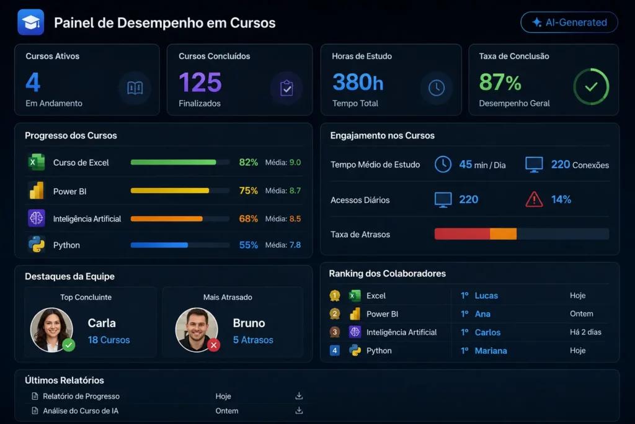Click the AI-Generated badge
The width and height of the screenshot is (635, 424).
pyautogui.click(x=569, y=22)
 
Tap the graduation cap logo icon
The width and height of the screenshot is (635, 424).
pyautogui.click(x=31, y=22)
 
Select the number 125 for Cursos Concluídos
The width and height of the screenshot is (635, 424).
pyautogui.click(x=200, y=83)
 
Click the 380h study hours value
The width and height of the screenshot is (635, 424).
pyautogui.click(x=358, y=82)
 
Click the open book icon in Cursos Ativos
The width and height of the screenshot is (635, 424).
pyautogui.click(x=135, y=88)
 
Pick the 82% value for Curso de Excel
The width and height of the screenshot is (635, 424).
pyautogui.click(x=248, y=162)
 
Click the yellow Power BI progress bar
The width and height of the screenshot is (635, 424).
pyautogui.click(x=170, y=191)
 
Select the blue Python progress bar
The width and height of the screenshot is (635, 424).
pyautogui.click(x=159, y=245)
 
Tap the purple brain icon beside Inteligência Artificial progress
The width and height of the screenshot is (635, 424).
pyautogui.click(x=37, y=218)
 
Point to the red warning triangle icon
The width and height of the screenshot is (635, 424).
pyautogui.click(x=534, y=199)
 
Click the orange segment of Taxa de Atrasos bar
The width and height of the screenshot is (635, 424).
pyautogui.click(x=503, y=234)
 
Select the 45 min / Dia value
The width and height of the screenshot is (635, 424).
pyautogui.click(x=482, y=165)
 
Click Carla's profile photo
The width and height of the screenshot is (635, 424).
pyautogui.click(x=51, y=330)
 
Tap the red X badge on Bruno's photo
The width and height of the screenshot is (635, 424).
pyautogui.click(x=214, y=345)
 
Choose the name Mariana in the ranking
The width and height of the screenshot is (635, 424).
pyautogui.click(x=491, y=351)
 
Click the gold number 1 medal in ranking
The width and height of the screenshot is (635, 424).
pyautogui.click(x=334, y=295)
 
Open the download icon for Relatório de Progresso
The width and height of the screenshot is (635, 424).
pyautogui.click(x=299, y=396)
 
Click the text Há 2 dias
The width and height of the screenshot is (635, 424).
pyautogui.click(x=585, y=332)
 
